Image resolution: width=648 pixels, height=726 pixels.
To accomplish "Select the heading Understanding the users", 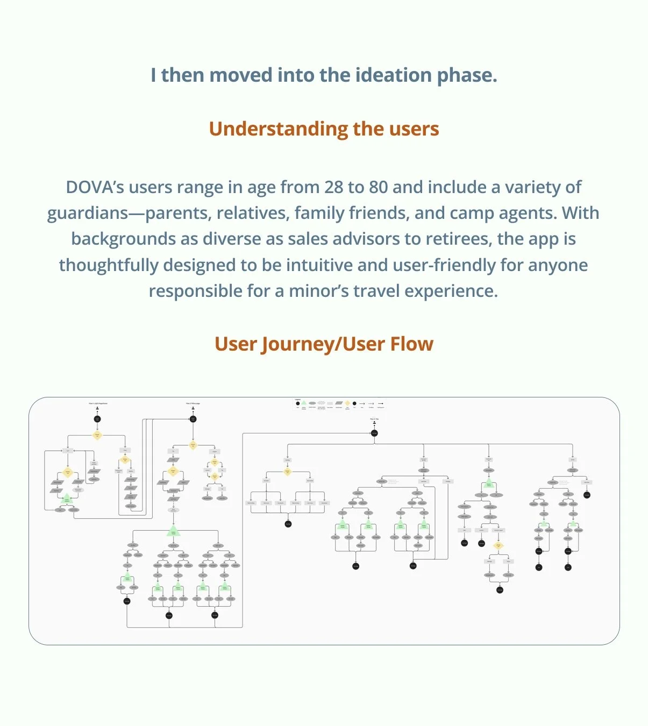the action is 324,129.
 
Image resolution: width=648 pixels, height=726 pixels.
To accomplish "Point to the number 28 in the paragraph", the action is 333,187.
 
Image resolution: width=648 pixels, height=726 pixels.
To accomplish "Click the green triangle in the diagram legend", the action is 304,402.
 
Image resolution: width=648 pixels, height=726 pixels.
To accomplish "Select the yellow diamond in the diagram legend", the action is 347,403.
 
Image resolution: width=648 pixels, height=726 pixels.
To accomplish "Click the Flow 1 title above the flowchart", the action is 98,403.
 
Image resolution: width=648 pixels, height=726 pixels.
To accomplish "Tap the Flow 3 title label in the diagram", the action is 374,419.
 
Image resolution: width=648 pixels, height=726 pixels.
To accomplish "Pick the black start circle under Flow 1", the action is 97,419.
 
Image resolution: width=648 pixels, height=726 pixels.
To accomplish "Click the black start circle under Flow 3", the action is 374,433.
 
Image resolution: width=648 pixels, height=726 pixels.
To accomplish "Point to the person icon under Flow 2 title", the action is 193,409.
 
